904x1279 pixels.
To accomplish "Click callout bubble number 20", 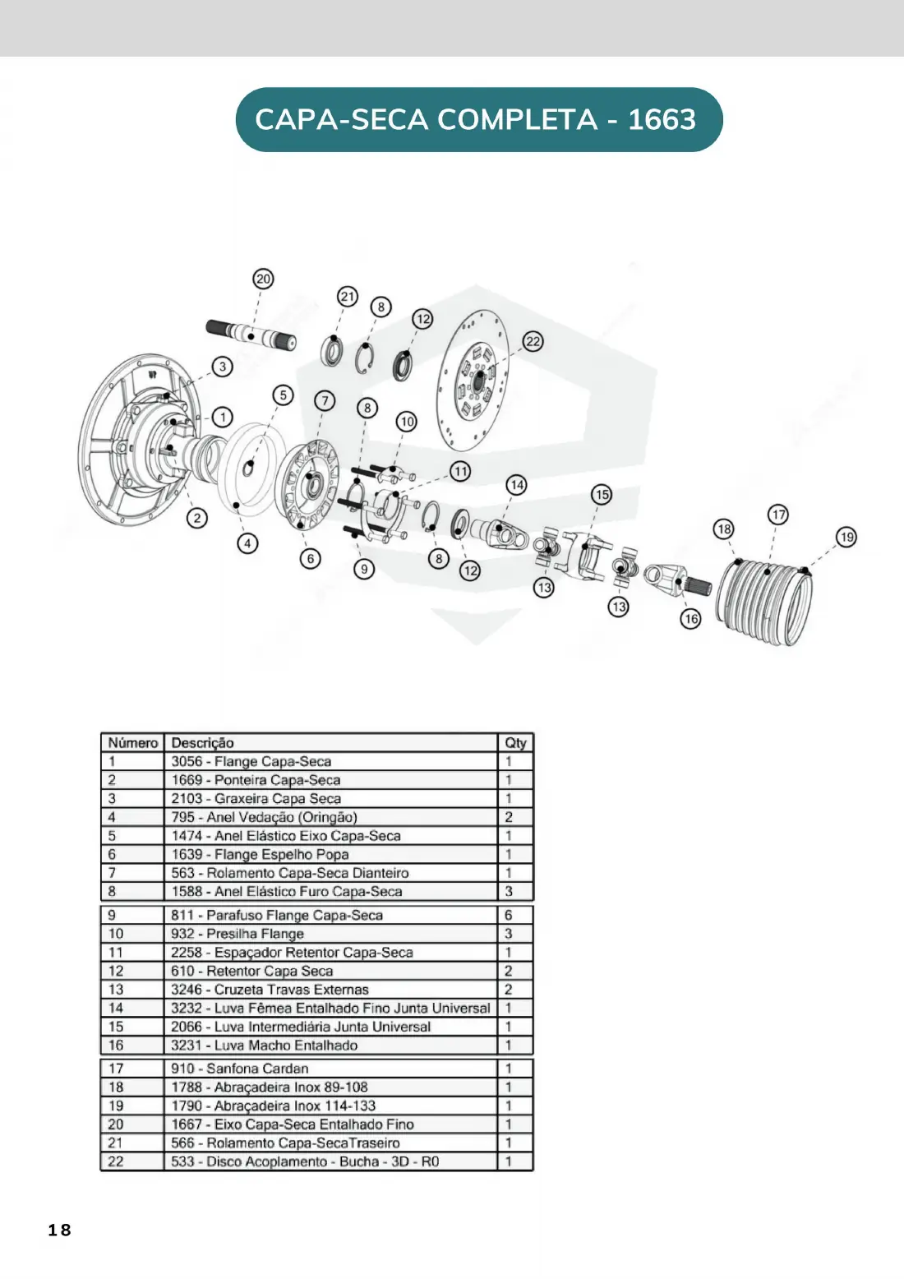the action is pyautogui.click(x=263, y=279).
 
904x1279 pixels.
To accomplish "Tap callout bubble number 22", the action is pyautogui.click(x=533, y=341).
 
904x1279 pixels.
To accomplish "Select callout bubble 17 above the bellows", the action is pyautogui.click(x=778, y=515).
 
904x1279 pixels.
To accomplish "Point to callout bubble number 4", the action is pyautogui.click(x=247, y=543).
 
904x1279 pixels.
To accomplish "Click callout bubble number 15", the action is pyautogui.click(x=602, y=495).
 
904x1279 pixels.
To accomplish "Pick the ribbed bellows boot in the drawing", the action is pyautogui.click(x=765, y=603).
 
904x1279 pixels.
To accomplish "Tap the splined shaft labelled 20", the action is pyautogui.click(x=251, y=335).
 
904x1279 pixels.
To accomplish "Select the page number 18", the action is pyautogui.click(x=59, y=1230).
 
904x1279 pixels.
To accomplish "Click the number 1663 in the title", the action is pyautogui.click(x=662, y=119).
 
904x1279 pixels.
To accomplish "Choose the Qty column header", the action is pyautogui.click(x=515, y=743).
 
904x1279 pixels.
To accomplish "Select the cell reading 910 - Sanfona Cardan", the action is pyautogui.click(x=240, y=1069).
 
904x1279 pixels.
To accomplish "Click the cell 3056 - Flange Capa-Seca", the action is pyautogui.click(x=251, y=761).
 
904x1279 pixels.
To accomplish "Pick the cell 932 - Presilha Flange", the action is pyautogui.click(x=238, y=934).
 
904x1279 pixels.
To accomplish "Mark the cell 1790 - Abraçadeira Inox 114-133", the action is pyautogui.click(x=274, y=1106).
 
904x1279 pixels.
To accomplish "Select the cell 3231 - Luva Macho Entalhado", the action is pyautogui.click(x=265, y=1045).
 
